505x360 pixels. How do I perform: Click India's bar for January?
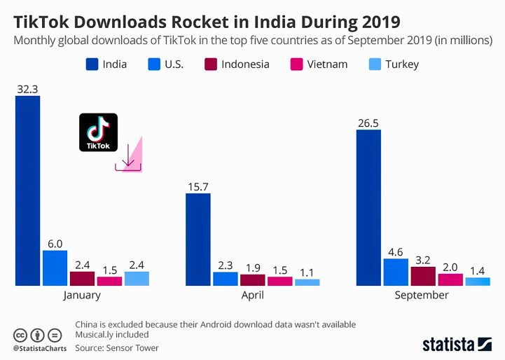pos(27,191)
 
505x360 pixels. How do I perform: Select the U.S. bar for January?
pos(55,268)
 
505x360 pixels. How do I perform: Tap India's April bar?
pos(198,239)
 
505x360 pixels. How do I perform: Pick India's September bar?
pos(368,207)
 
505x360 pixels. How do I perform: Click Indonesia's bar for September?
pos(423,276)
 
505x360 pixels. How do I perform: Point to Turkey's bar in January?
pos(137,278)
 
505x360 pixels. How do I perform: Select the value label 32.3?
pos(27,89)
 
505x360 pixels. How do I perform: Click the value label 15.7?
pos(198,186)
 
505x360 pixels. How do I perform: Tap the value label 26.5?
pos(368,123)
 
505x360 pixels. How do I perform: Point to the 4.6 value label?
pos(396,251)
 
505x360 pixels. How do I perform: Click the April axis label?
pos(252,295)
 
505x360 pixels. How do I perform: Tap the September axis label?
pos(422,295)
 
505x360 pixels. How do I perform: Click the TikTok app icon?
pos(98,132)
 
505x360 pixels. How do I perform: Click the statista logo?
pos(457,344)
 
